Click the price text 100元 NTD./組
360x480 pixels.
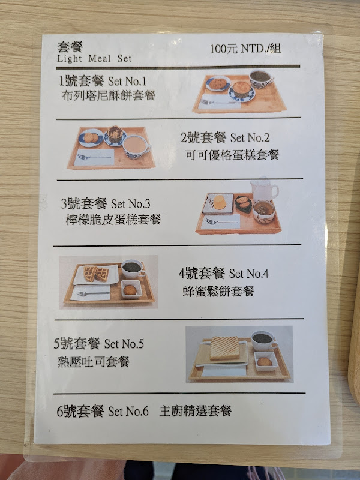click(245, 49)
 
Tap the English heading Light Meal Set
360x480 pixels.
click(94, 58)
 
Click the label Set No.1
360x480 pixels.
click(127, 81)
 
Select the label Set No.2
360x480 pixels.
click(250, 138)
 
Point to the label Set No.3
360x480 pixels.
click(131, 203)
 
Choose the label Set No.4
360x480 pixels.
click(249, 274)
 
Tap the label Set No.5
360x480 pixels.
click(124, 344)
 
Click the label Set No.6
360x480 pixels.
click(128, 411)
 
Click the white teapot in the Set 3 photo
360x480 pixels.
click(264, 189)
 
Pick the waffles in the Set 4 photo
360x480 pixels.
click(97, 274)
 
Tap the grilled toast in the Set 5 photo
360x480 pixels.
click(224, 348)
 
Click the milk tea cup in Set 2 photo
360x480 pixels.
click(136, 147)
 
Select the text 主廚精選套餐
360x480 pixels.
click(196, 411)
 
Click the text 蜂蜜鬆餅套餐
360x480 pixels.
click(218, 291)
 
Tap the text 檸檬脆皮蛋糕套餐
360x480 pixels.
click(113, 220)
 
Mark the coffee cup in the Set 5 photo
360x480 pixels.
click(263, 340)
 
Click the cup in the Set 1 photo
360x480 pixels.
click(260, 79)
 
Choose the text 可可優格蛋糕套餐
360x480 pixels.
click(232, 155)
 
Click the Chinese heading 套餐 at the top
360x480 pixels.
click(70, 47)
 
